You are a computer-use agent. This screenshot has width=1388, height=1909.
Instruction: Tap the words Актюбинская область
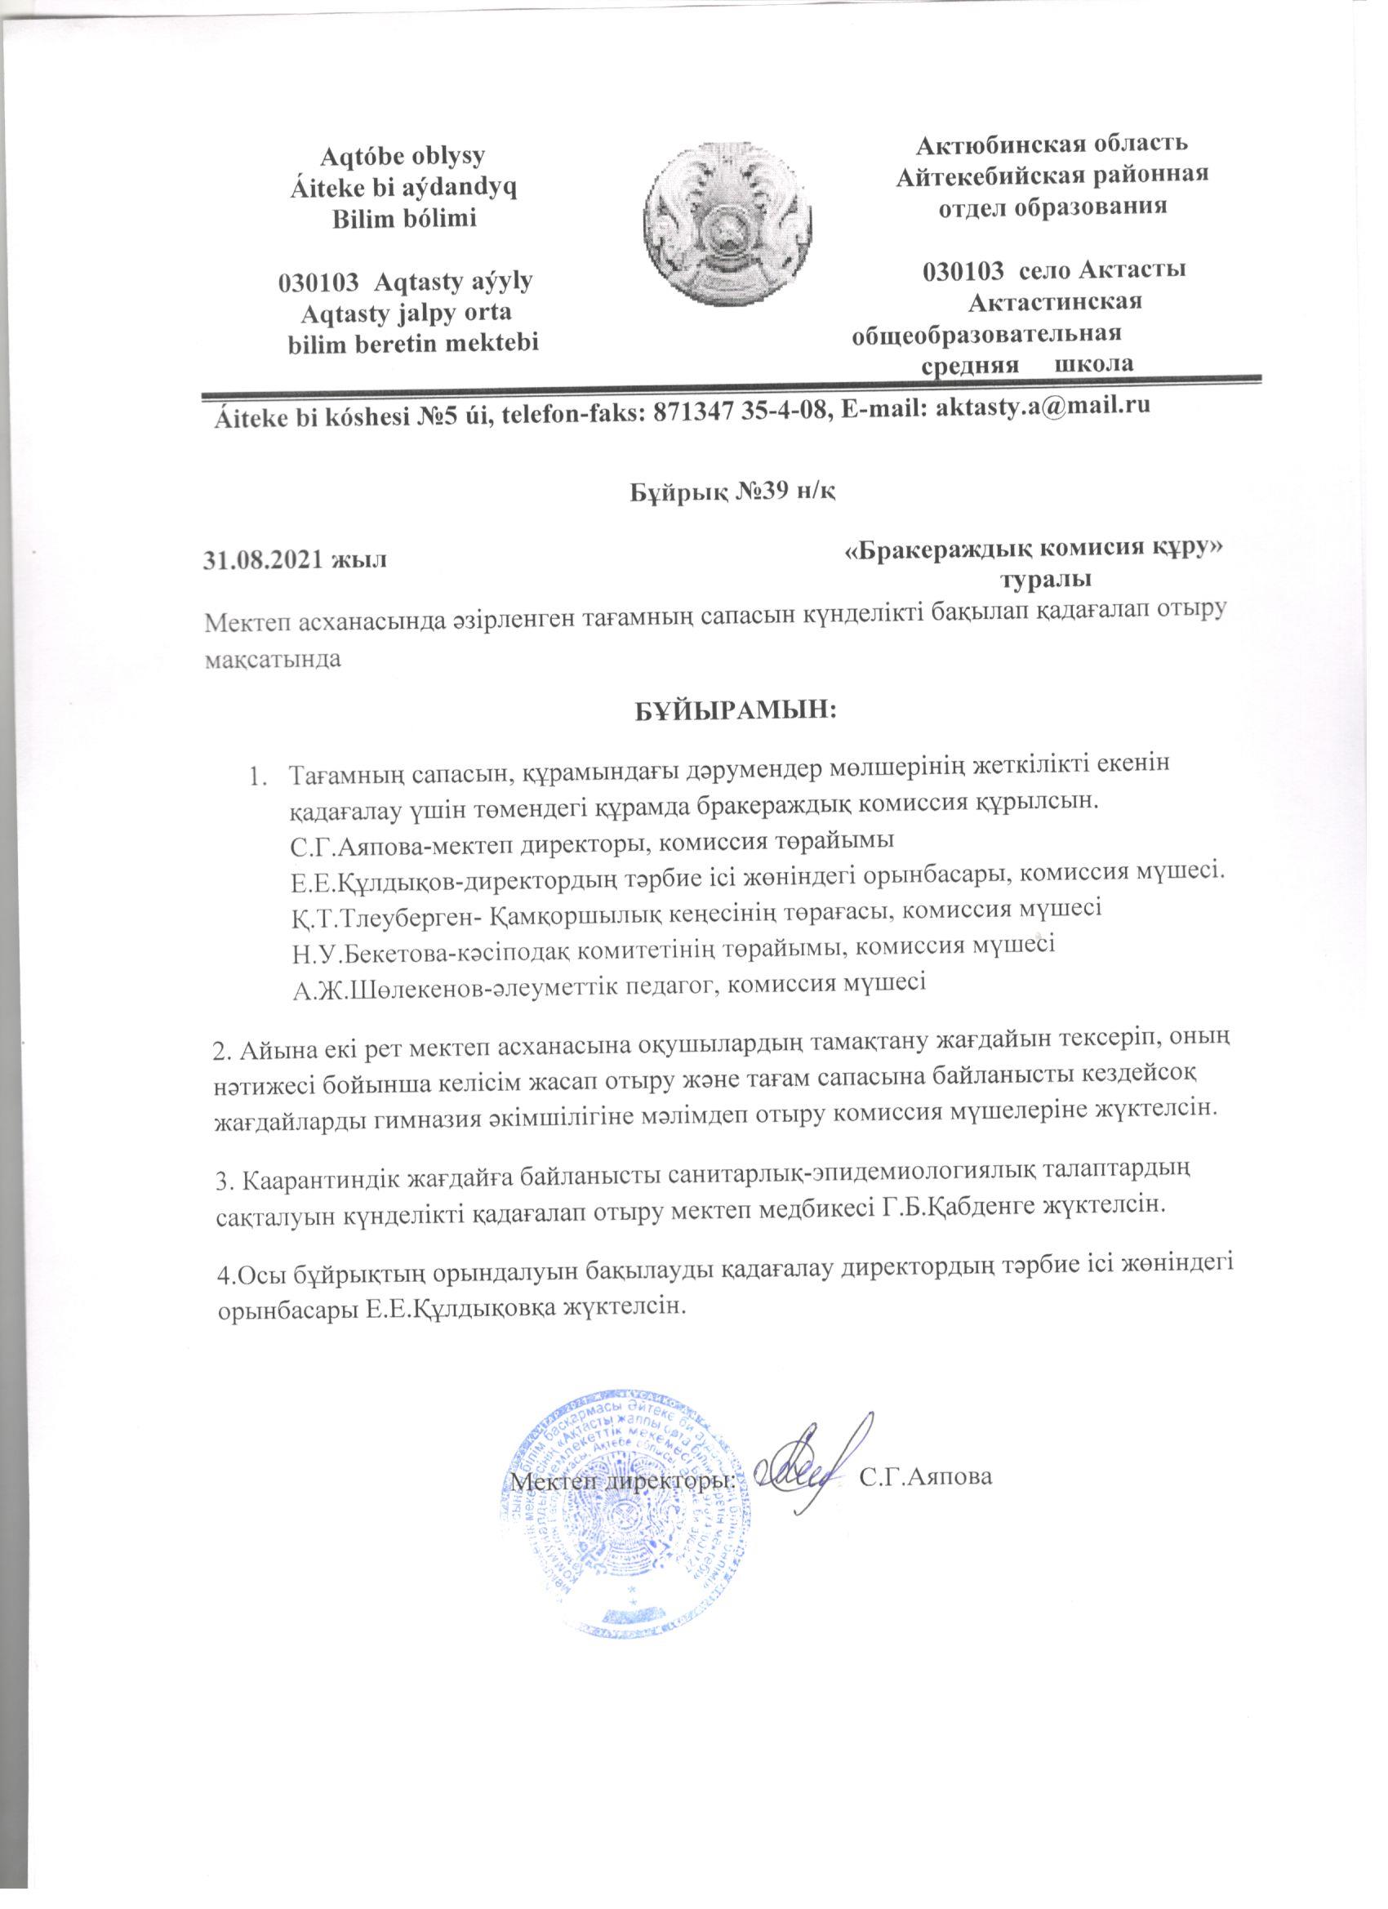(1052, 143)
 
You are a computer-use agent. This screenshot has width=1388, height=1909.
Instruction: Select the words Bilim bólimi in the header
(403, 220)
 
